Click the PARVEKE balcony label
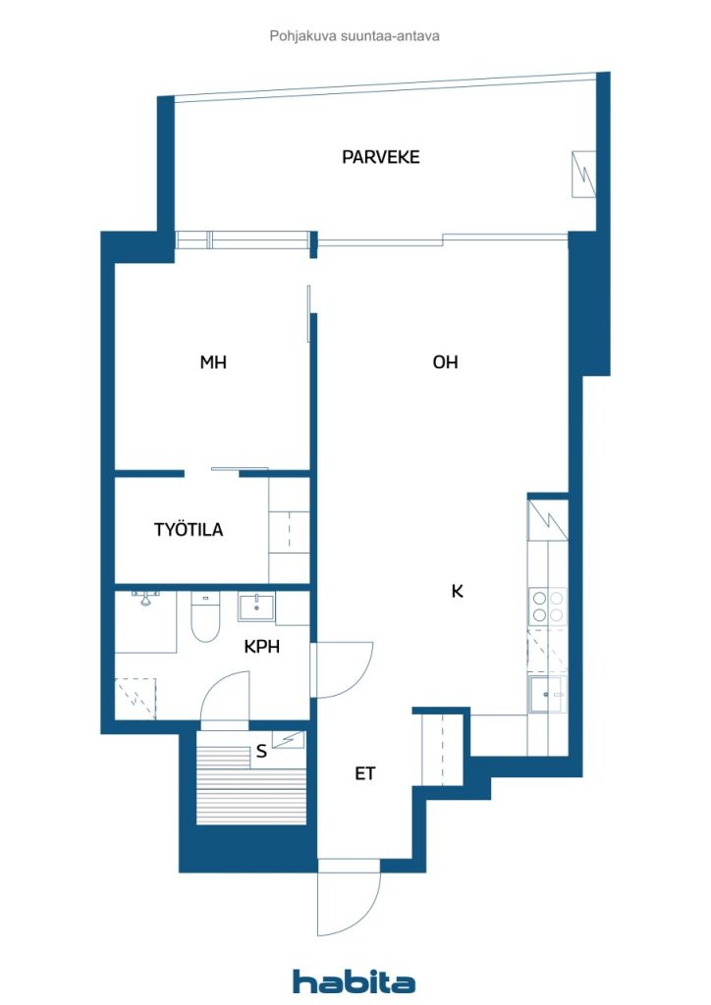[x=380, y=157]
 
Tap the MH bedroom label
[x=213, y=362]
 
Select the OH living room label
[x=445, y=362]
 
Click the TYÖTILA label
[x=189, y=530]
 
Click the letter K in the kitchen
[x=457, y=592]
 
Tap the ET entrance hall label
[x=365, y=774]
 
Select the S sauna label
[x=261, y=753]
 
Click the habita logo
[x=354, y=981]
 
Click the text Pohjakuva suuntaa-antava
[x=355, y=35]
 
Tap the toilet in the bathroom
[x=205, y=619]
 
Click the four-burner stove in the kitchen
[x=547, y=606]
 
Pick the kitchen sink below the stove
[x=545, y=695]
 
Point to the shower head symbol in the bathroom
[x=147, y=598]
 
